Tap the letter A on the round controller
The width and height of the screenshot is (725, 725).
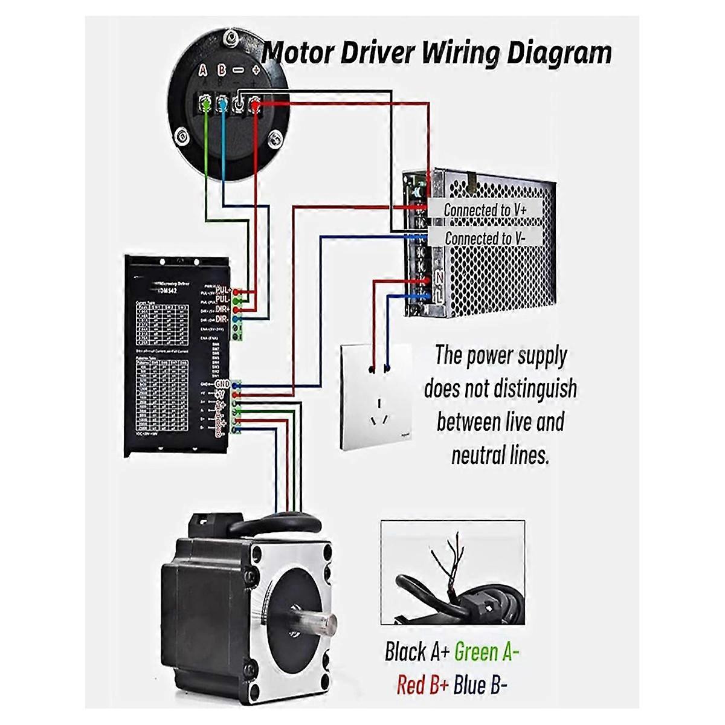click(204, 71)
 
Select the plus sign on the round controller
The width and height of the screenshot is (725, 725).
click(256, 71)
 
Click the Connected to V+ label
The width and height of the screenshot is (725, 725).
click(485, 210)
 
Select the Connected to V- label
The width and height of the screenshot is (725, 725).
click(485, 239)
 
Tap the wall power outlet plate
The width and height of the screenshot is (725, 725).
click(376, 397)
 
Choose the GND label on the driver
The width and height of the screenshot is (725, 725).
click(222, 384)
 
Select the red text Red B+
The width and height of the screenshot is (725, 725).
click(423, 686)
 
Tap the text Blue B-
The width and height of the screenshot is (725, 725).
click(481, 686)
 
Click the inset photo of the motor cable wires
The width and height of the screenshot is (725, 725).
click(453, 572)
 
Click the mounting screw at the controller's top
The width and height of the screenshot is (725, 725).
click(230, 40)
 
